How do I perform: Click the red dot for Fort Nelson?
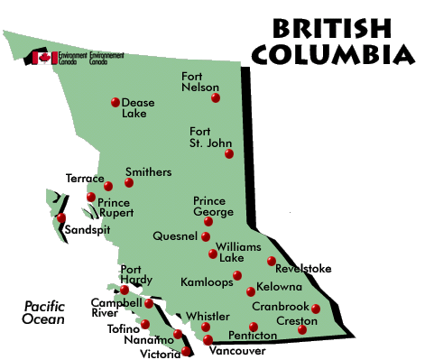pyautogui.click(x=215, y=97)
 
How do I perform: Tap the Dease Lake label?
pyautogui.click(x=139, y=109)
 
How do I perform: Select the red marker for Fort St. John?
pyautogui.click(x=229, y=154)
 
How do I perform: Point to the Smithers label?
pyautogui.click(x=148, y=171)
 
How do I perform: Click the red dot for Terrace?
pyautogui.click(x=108, y=186)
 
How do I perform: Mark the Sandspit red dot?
pyautogui.click(x=61, y=217)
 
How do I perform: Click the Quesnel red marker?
pyautogui.click(x=206, y=238)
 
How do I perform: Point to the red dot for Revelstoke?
pyautogui.click(x=272, y=262)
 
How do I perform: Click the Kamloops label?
pyautogui.click(x=207, y=282)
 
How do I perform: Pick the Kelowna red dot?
pyautogui.click(x=251, y=291)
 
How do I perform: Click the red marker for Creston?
pyautogui.click(x=302, y=329)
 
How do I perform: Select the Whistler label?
pyautogui.click(x=208, y=316)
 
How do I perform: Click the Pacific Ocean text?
pyautogui.click(x=43, y=312)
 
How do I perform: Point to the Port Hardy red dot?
pyautogui.click(x=125, y=290)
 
